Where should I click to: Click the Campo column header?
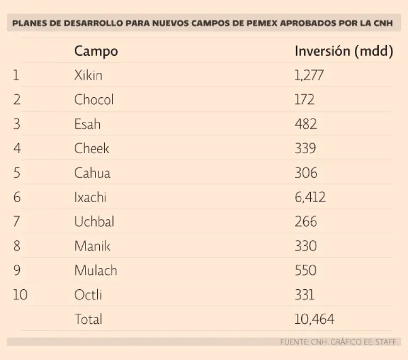(96, 51)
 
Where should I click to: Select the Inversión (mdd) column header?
(344, 51)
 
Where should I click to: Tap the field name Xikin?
(88, 75)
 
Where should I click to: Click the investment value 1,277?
(309, 75)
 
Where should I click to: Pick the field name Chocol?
(94, 99)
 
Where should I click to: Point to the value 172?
(304, 99)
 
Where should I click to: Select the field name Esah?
(87, 124)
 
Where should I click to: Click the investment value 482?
(305, 124)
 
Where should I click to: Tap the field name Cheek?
(91, 148)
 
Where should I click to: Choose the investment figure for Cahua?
(305, 173)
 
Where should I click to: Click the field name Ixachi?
(90, 197)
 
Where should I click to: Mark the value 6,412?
(310, 197)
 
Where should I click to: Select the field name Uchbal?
(94, 221)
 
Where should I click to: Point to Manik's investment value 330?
(305, 246)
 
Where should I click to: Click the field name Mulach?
(96, 270)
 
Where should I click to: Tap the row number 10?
(20, 295)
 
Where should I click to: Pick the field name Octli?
(88, 295)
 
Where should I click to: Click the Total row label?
(88, 319)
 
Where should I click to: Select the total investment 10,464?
(314, 319)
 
